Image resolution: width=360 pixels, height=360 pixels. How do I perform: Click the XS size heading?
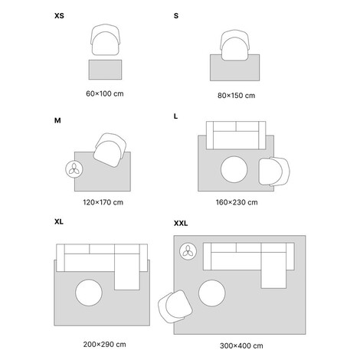click(x=59, y=16)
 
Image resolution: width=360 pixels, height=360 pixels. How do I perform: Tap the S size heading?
click(x=176, y=16)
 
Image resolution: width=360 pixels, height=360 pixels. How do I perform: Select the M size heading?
click(x=57, y=120)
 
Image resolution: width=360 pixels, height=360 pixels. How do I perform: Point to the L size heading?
click(x=175, y=116)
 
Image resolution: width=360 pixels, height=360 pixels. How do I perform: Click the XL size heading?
click(x=59, y=221)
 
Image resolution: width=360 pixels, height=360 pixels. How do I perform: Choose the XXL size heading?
click(x=181, y=224)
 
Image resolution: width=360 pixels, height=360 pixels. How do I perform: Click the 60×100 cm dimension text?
click(x=105, y=93)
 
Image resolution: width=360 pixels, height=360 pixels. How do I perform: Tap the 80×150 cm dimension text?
click(x=236, y=96)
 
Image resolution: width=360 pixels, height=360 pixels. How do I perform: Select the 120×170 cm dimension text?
click(x=103, y=202)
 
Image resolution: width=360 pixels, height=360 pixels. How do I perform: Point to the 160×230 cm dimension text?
click(x=237, y=202)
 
